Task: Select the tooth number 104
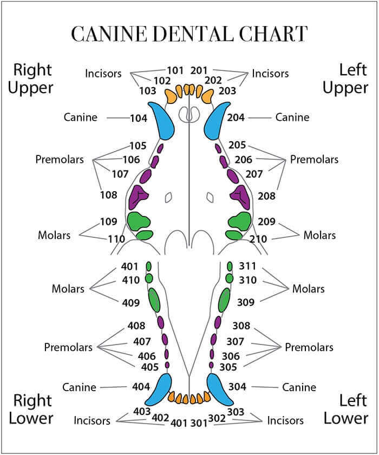[x=139, y=118]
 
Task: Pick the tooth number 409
[x=132, y=303]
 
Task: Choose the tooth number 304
[x=237, y=387]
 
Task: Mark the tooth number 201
[x=200, y=70]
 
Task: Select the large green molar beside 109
[x=138, y=220]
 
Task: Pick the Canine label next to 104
[x=81, y=118]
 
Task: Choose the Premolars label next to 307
[x=309, y=347]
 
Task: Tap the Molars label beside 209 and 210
[x=319, y=235]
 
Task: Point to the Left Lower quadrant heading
[x=347, y=409]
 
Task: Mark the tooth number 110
[x=117, y=239]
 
